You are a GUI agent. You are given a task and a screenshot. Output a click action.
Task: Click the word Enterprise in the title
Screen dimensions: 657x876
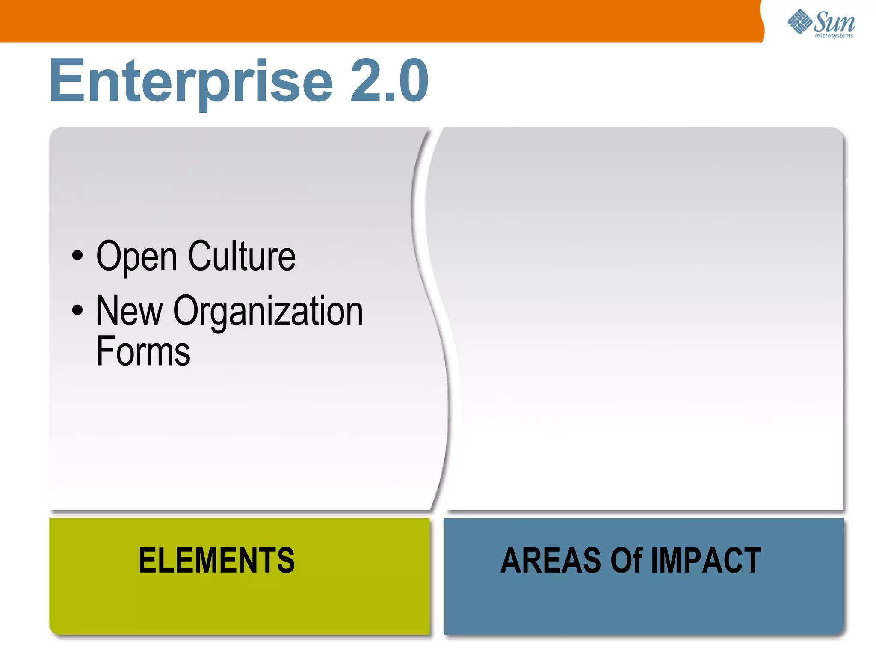[x=191, y=81]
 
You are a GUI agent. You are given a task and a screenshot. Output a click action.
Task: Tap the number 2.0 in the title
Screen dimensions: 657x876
[x=389, y=81]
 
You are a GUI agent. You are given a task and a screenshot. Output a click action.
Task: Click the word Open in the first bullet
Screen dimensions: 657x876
[x=136, y=257]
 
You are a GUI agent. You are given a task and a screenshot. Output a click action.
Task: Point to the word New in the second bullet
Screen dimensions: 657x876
[x=130, y=311]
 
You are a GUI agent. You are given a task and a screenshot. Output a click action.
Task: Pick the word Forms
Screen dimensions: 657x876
[x=143, y=351]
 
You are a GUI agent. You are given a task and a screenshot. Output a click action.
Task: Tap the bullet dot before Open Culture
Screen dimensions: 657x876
[x=77, y=256]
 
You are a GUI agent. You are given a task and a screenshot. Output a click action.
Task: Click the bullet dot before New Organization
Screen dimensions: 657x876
[x=77, y=310]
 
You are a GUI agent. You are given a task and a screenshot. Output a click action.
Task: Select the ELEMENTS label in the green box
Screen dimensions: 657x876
[x=217, y=560]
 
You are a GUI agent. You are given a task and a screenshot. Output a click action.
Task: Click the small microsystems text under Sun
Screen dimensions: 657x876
[x=834, y=36]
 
